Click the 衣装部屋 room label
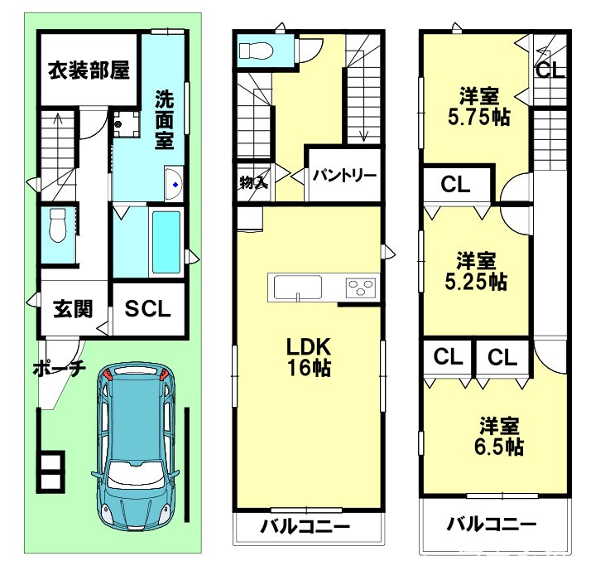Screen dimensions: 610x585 89,70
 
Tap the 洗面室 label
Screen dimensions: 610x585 164,119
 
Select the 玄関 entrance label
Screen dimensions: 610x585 73,309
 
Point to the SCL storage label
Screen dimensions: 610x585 148,309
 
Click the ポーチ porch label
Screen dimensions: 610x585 59,368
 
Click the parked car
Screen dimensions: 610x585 135,447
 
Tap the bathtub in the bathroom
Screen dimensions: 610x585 166,242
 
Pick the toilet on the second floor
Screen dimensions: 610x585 256,51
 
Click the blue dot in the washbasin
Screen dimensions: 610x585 175,185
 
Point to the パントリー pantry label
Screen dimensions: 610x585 344,176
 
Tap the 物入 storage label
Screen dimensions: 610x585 253,182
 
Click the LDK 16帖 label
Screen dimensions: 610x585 309,357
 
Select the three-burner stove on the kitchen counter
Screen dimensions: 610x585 361,288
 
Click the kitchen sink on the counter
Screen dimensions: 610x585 298,288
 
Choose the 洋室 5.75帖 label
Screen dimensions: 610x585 479,106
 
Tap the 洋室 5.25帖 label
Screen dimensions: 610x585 476,272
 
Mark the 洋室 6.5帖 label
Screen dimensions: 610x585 499,436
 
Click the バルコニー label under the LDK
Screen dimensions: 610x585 305,527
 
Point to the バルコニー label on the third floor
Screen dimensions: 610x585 492,524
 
